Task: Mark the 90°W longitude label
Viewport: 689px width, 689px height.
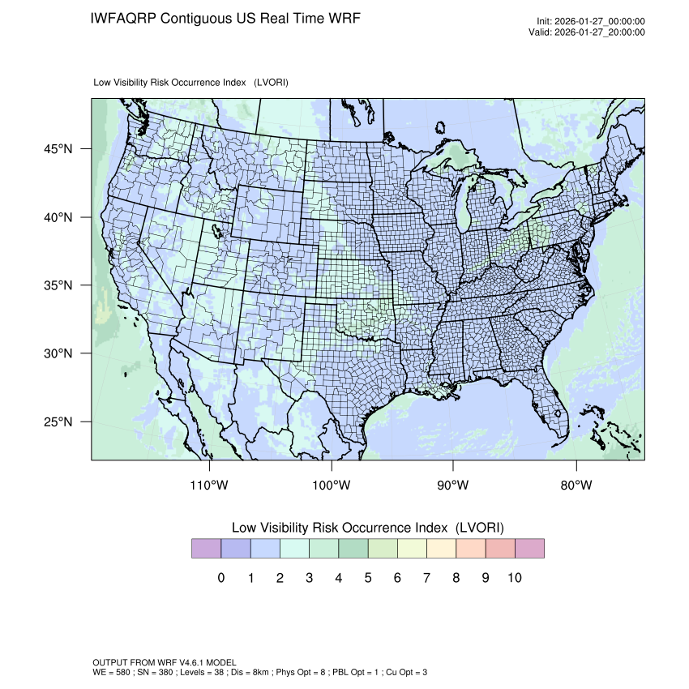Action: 453,486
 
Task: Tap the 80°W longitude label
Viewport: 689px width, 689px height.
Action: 576,486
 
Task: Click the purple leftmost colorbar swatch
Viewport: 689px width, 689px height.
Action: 206,548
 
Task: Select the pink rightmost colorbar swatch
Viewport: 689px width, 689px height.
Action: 529,548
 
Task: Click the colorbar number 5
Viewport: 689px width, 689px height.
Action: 368,578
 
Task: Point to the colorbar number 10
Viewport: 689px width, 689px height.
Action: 514,578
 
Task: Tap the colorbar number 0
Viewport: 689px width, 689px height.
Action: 220,578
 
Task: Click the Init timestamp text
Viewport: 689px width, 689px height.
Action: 590,21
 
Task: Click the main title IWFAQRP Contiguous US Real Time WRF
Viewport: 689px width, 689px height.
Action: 225,18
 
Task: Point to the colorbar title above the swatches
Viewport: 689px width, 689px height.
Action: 368,528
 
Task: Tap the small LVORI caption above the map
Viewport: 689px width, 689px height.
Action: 191,83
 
